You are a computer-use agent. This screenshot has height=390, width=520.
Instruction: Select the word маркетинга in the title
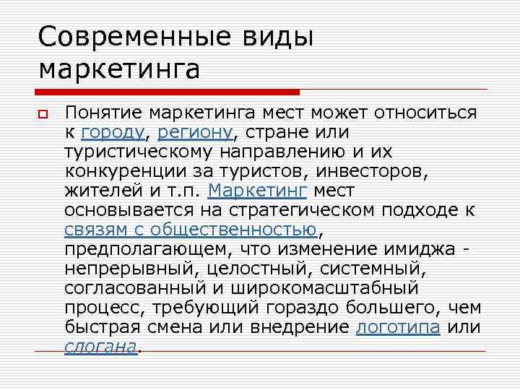pyautogui.click(x=119, y=69)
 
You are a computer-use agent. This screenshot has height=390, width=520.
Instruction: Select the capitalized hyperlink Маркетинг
pyautogui.click(x=257, y=191)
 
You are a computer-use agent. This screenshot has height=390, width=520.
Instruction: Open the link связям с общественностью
pyautogui.click(x=191, y=230)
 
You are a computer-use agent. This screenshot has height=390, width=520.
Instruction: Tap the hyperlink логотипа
pyautogui.click(x=399, y=326)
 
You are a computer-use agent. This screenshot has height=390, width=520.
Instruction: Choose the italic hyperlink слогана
pyautogui.click(x=100, y=346)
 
